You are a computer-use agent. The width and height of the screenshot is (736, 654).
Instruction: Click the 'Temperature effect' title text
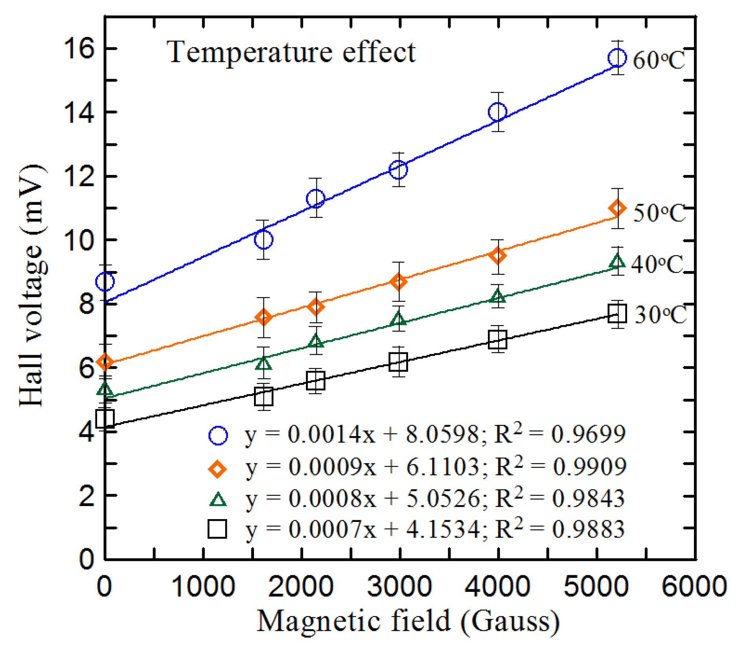click(291, 52)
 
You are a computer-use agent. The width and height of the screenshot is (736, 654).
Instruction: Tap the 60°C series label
click(659, 60)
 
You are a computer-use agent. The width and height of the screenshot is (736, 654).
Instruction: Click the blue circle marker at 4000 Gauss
click(497, 112)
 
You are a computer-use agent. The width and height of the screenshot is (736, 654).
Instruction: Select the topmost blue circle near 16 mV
click(617, 58)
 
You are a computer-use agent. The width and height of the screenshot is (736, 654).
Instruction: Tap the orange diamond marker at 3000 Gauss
click(399, 282)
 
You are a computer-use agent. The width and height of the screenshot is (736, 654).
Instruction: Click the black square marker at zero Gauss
click(105, 418)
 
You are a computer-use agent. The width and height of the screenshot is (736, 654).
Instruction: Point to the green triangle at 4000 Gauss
click(498, 297)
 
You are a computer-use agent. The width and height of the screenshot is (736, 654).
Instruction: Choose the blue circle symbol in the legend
click(218, 435)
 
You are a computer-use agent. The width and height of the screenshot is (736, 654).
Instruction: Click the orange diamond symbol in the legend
click(217, 468)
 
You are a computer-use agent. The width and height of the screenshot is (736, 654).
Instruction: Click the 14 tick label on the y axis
click(80, 114)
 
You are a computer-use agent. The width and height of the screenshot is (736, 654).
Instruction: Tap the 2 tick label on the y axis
click(86, 496)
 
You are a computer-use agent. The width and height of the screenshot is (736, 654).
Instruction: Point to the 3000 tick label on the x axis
click(399, 587)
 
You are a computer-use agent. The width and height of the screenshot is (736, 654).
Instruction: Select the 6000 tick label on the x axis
click(694, 587)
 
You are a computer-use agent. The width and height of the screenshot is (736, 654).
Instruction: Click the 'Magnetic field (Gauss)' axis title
click(408, 621)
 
